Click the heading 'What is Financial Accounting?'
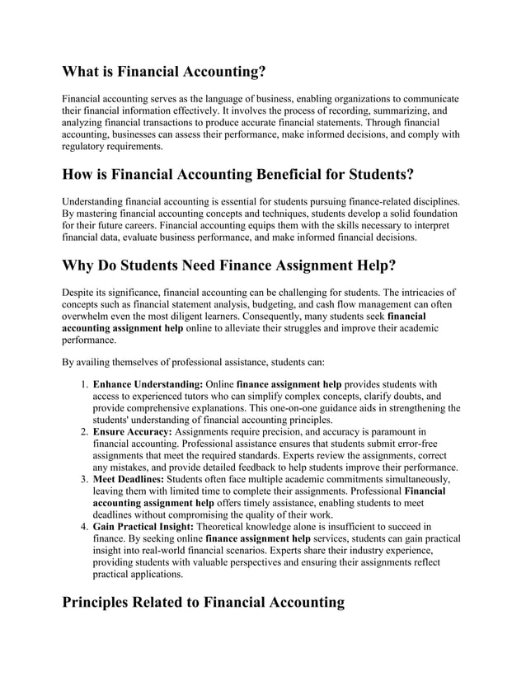tap(164, 72)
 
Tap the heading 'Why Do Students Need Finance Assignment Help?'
tap(229, 266)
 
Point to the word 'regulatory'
tap(87, 146)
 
